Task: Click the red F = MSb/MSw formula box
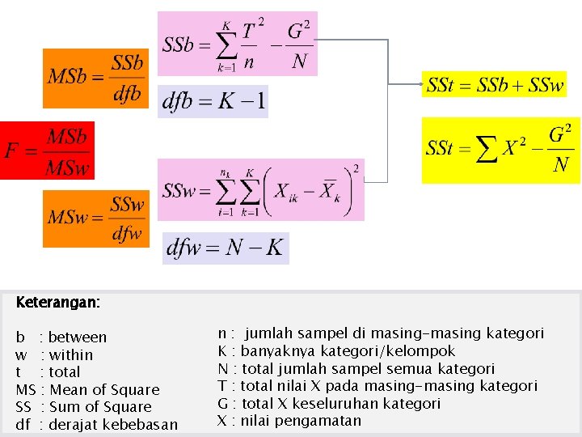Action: coord(48,151)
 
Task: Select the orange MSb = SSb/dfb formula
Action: coord(96,78)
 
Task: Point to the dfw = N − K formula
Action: coord(226,248)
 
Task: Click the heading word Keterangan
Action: coord(58,303)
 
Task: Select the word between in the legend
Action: coord(78,337)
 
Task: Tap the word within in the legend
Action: coord(71,355)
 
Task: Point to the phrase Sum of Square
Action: coord(100,407)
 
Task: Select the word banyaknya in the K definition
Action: coord(275,351)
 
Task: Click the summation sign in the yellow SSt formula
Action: coord(484,149)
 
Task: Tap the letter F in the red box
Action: coord(11,151)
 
